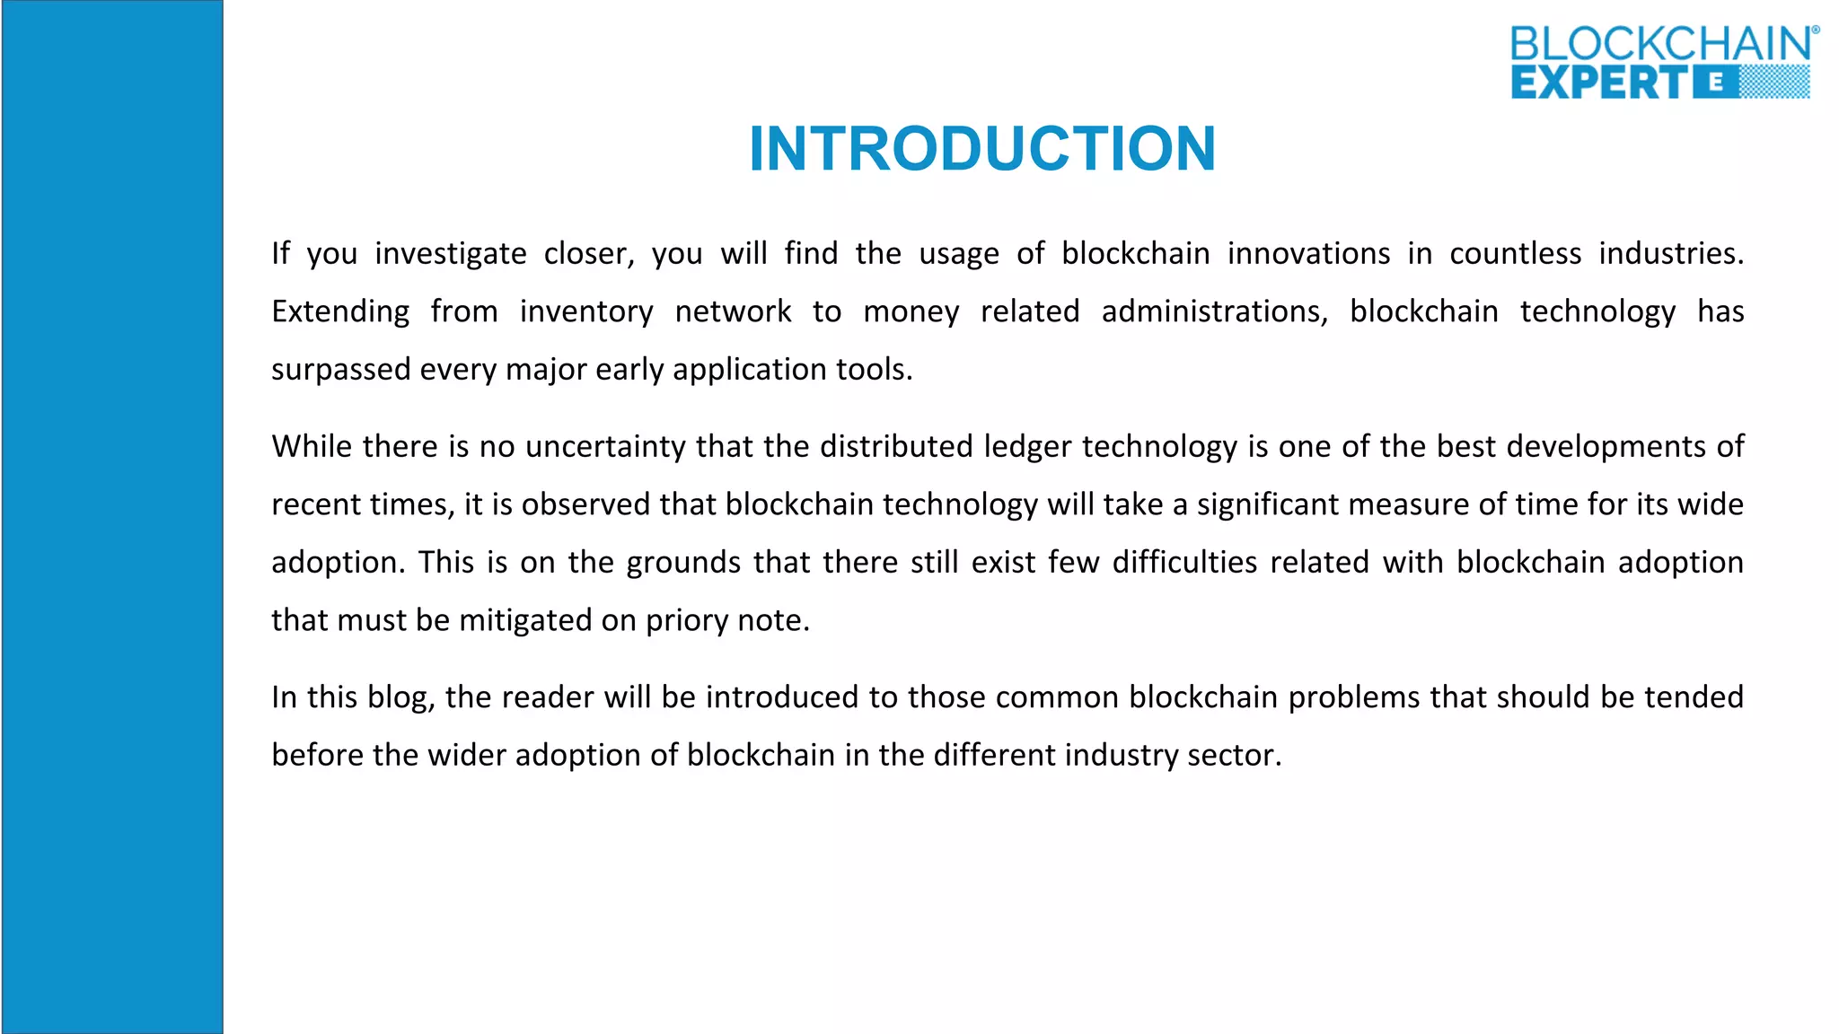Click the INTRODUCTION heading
click(982, 149)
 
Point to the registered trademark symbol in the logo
click(1815, 31)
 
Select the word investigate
click(451, 254)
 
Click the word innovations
click(1308, 254)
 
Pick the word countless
click(1515, 254)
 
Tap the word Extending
click(340, 311)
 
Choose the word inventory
click(586, 311)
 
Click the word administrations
click(1214, 311)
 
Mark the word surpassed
click(340, 370)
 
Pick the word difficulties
click(1184, 563)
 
